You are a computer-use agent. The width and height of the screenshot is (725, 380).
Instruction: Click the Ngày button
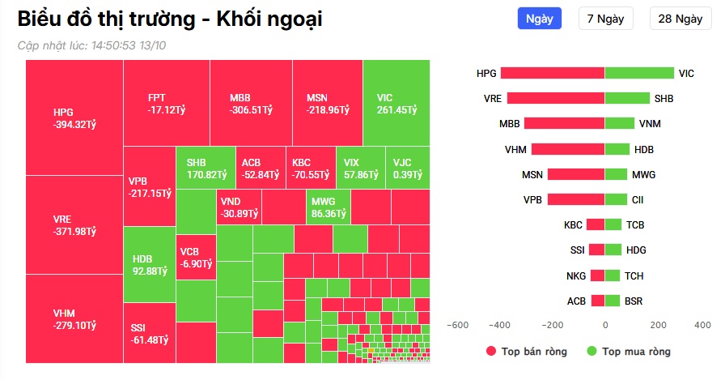539,19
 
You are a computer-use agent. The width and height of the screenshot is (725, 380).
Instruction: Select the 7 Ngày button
605,19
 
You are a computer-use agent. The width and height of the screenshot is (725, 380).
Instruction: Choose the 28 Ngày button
680,19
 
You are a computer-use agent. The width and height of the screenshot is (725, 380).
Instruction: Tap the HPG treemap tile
74,117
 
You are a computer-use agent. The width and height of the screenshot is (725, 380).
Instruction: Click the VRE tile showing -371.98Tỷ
74,225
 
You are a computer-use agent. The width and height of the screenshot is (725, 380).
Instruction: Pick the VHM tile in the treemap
74,318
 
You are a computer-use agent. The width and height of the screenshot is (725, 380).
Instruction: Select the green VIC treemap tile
396,103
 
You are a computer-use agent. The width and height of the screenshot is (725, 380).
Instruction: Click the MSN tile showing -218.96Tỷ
328,103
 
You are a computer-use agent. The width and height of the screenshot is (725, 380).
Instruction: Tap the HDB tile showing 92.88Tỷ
150,264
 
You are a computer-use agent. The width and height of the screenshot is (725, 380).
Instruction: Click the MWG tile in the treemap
328,207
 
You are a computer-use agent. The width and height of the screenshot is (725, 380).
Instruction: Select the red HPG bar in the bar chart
553,73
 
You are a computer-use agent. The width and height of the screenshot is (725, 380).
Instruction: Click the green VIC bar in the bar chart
639,73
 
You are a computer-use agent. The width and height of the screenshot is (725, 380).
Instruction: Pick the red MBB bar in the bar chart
564,124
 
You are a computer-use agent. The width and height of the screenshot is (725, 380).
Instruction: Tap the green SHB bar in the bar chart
627,99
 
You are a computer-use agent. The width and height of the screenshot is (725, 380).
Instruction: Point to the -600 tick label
457,325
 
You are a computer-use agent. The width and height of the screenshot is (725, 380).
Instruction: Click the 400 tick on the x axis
702,325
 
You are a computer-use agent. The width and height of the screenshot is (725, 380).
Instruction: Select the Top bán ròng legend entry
527,352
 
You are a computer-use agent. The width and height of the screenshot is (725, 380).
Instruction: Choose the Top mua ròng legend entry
628,352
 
